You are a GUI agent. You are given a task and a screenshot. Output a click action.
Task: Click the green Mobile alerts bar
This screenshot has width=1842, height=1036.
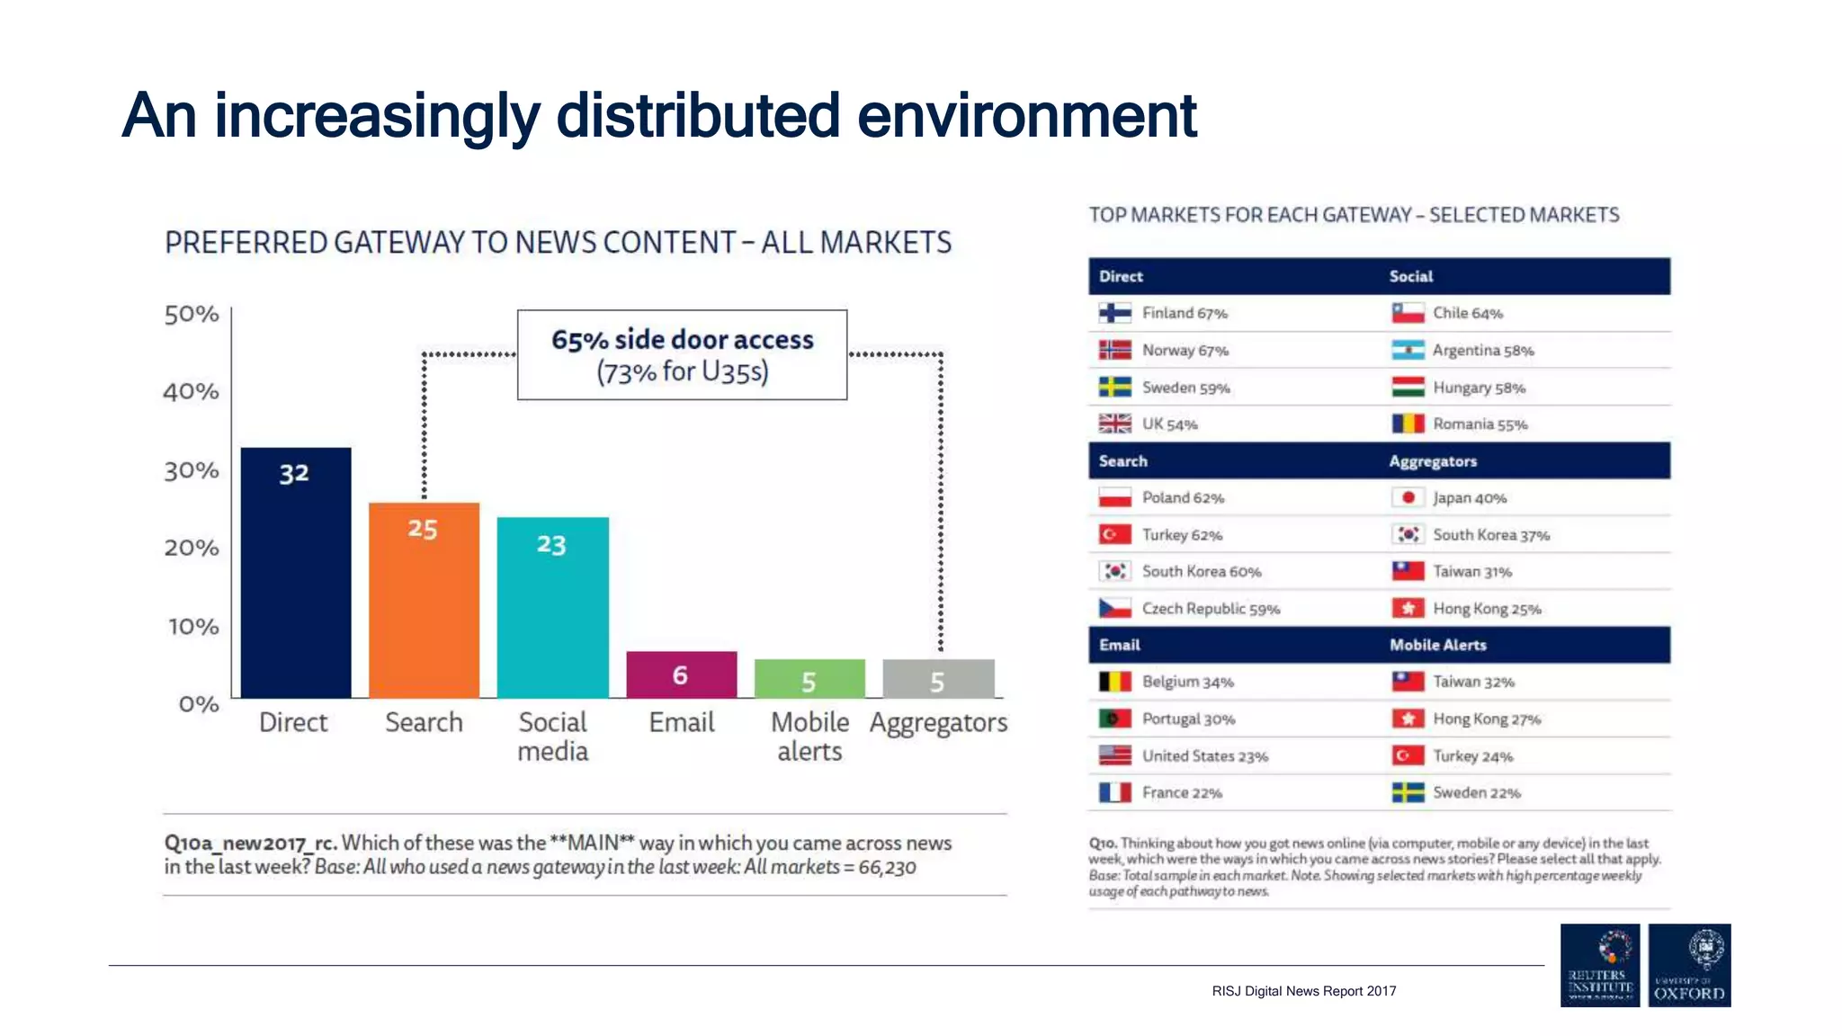(x=809, y=679)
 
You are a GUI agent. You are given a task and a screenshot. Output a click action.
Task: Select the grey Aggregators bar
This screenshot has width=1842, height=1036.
(x=938, y=679)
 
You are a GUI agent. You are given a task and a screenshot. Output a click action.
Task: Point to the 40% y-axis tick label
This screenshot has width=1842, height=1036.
(x=191, y=392)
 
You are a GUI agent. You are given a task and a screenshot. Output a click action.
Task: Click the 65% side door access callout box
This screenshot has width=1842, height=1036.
(x=682, y=355)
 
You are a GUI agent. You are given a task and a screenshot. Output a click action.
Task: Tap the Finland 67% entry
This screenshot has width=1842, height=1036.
(x=1184, y=313)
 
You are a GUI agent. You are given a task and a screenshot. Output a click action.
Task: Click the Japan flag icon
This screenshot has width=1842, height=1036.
(x=1408, y=497)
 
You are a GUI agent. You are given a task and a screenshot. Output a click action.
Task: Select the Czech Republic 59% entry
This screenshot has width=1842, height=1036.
(x=1210, y=609)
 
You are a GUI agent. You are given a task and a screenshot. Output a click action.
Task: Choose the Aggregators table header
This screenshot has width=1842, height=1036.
(x=1433, y=461)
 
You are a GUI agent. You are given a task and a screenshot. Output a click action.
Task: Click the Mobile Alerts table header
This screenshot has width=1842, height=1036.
(x=1437, y=645)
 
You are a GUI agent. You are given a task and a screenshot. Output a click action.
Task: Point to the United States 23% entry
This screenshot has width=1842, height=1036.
(x=1204, y=756)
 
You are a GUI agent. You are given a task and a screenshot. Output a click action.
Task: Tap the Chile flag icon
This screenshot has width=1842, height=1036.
(x=1408, y=313)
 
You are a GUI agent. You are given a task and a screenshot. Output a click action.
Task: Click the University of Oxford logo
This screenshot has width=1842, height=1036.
(x=1689, y=965)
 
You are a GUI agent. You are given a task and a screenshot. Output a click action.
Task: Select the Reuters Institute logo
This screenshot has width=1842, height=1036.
(x=1599, y=965)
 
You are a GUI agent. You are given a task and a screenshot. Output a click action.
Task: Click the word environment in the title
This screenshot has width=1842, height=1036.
(x=1026, y=116)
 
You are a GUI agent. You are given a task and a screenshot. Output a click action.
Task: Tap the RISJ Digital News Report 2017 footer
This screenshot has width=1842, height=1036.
(x=1303, y=991)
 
